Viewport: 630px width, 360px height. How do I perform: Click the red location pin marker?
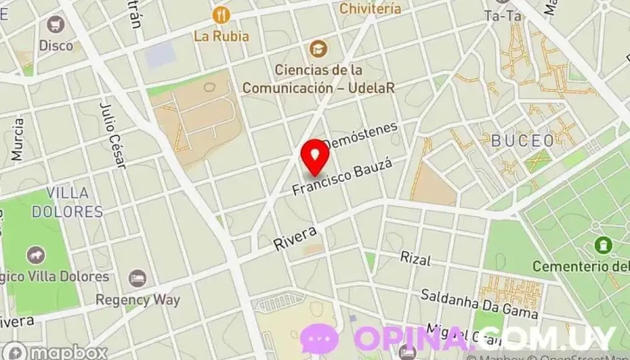(x=315, y=157)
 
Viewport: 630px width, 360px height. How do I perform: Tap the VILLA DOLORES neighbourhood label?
(x=67, y=202)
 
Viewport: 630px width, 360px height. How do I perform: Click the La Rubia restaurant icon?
(x=220, y=15)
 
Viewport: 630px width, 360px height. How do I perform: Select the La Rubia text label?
(x=220, y=37)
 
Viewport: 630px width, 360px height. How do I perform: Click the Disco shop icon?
(x=56, y=24)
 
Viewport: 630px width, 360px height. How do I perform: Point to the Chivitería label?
(x=371, y=8)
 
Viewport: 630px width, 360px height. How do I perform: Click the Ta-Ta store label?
(x=502, y=15)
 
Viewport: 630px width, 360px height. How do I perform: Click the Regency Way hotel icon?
(x=137, y=279)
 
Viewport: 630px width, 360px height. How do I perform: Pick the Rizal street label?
(x=416, y=258)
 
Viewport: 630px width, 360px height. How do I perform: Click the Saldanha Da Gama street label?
(x=479, y=303)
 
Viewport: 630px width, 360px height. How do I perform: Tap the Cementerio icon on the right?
(x=602, y=244)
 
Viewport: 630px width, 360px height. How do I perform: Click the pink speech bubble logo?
(x=320, y=338)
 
